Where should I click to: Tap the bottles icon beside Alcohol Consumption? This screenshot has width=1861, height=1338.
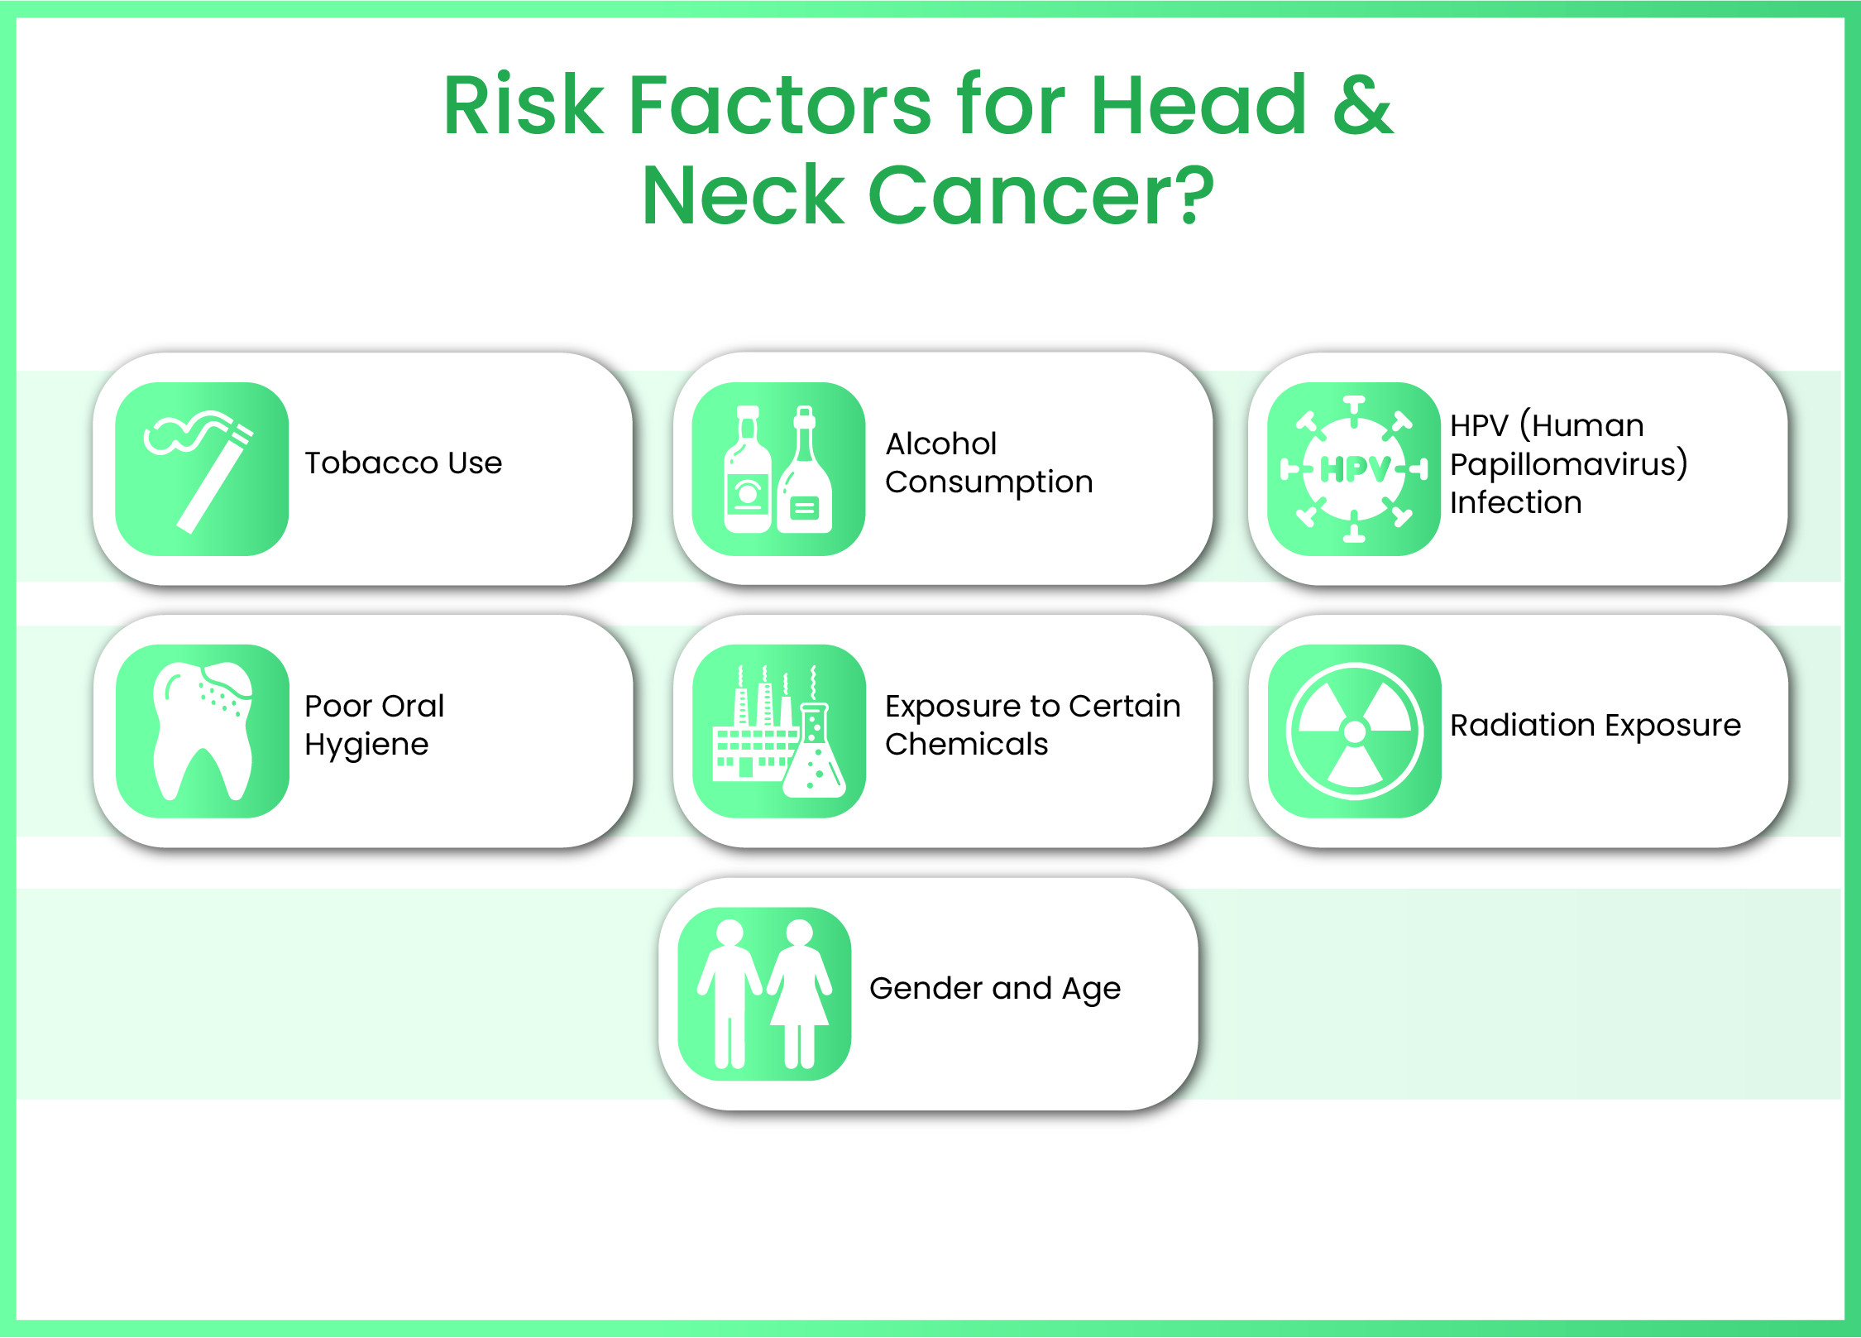[777, 469]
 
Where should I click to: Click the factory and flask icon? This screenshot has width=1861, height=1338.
[778, 731]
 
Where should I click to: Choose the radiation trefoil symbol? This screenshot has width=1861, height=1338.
[1355, 731]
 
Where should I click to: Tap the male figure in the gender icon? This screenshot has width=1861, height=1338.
[730, 993]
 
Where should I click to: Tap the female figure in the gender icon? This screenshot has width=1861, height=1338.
[799, 993]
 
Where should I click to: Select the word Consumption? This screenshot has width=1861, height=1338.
[989, 482]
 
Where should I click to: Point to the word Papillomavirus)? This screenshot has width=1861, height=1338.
[1568, 464]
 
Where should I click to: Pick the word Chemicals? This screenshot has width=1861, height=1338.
[966, 744]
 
